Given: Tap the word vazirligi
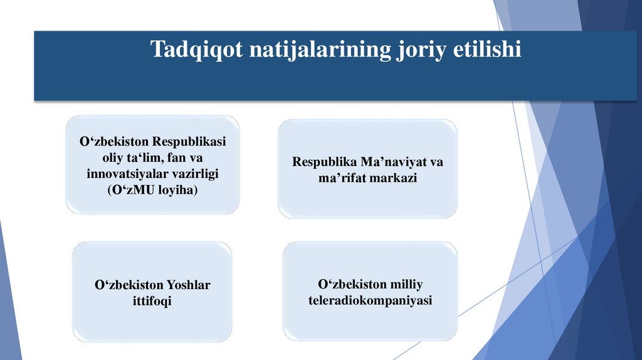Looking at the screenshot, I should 192,173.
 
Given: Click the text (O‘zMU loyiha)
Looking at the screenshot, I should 152,189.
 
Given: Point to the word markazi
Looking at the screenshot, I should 398,178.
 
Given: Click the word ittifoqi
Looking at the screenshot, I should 152,301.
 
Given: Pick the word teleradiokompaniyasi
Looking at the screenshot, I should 371,301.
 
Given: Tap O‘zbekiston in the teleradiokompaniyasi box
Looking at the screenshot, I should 352,285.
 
